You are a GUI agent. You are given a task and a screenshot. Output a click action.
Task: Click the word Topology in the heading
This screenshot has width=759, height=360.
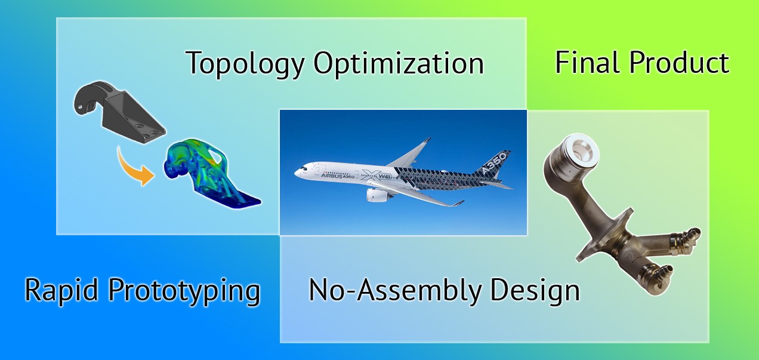(245, 64)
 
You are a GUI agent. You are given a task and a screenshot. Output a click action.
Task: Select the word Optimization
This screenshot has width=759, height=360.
(399, 64)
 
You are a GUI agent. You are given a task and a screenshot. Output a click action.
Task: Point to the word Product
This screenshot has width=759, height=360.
(679, 62)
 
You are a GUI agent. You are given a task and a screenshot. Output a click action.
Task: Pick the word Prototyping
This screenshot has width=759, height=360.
(184, 291)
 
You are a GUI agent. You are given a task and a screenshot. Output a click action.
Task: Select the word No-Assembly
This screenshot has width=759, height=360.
(395, 291)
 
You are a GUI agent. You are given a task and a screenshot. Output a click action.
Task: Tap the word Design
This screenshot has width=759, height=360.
(535, 291)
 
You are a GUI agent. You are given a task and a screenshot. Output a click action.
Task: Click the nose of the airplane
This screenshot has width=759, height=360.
(297, 172)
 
